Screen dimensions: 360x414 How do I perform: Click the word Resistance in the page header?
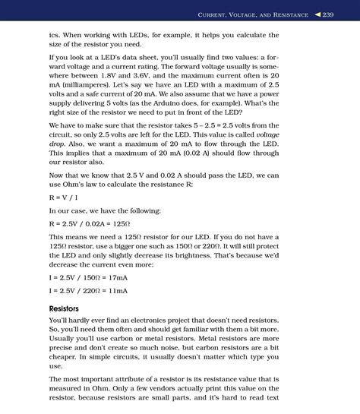point(292,15)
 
